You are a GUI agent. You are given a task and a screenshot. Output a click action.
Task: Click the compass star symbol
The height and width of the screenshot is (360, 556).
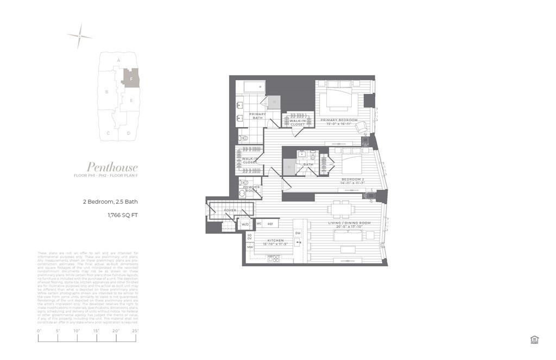click(x=79, y=36)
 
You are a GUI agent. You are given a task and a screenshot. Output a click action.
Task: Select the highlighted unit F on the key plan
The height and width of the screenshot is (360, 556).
click(x=131, y=78)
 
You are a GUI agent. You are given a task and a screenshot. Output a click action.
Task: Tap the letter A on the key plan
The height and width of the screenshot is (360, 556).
click(x=118, y=60)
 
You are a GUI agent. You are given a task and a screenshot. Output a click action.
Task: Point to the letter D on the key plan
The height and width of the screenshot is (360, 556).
click(x=129, y=133)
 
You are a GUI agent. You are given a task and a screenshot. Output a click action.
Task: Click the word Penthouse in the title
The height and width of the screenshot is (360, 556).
click(x=112, y=167)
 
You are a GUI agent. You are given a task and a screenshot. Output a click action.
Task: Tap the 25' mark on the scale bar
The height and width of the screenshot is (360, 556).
click(x=135, y=331)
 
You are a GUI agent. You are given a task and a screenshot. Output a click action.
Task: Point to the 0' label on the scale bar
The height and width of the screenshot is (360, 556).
click(x=39, y=331)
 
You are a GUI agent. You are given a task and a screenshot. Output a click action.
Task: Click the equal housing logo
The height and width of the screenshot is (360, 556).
click(x=534, y=340)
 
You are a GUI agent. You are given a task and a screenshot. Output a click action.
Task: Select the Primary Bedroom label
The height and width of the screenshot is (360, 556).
click(x=339, y=119)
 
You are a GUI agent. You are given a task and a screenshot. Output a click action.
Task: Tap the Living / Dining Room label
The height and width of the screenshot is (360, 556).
click(x=349, y=223)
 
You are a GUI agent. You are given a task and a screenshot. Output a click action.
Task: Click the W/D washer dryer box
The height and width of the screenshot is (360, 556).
click(x=245, y=224)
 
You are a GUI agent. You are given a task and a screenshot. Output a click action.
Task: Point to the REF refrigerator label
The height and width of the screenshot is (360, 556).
click(x=269, y=224)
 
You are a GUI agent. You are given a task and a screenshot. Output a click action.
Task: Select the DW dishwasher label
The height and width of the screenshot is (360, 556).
click(x=297, y=233)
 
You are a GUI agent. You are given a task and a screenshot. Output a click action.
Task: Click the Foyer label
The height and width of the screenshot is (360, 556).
click(x=230, y=210)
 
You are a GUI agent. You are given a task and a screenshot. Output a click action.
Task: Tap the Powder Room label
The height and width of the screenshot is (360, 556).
click(x=251, y=189)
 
